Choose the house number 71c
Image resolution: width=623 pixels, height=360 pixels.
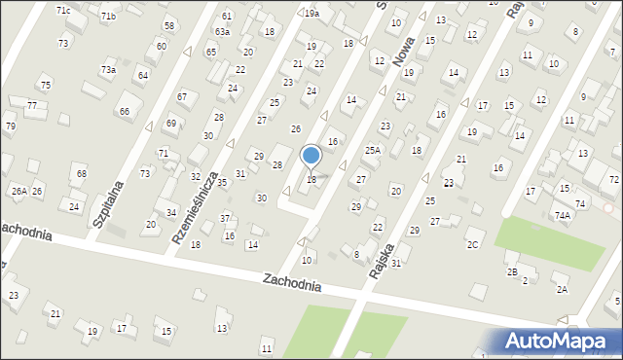click(x=63, y=10)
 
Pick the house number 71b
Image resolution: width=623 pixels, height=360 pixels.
click(x=108, y=17)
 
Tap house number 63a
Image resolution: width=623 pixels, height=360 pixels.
click(x=222, y=32)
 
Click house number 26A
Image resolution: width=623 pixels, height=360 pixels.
click(x=18, y=191)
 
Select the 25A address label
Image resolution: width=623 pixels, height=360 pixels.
click(x=372, y=150)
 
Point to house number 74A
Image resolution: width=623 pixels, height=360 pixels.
click(x=562, y=216)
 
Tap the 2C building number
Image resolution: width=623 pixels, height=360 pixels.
click(x=472, y=244)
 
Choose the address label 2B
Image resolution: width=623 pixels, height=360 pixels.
click(x=511, y=271)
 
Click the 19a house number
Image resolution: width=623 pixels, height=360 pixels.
click(x=311, y=14)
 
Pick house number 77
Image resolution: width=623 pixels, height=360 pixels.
click(x=32, y=105)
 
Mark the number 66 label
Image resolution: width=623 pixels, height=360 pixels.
click(x=125, y=111)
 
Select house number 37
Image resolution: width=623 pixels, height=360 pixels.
click(x=225, y=218)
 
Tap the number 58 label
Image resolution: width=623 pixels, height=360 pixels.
click(x=169, y=25)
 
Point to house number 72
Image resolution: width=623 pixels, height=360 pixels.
click(x=614, y=181)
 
